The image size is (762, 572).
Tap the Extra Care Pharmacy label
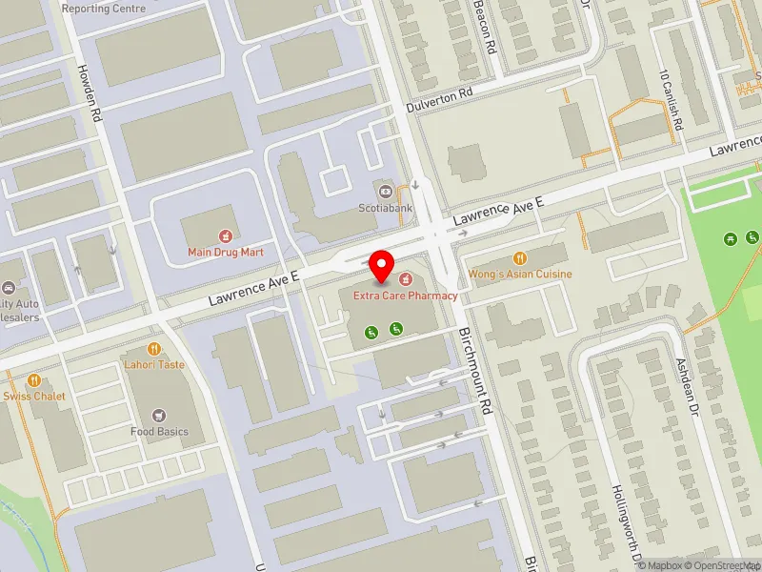tap(406, 296)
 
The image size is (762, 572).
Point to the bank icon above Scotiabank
tap(385, 191)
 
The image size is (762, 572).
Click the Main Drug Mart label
tap(225, 252)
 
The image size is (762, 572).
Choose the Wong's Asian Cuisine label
tap(520, 275)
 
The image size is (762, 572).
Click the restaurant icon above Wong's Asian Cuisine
tap(520, 257)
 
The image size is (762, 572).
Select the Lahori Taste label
tap(153, 365)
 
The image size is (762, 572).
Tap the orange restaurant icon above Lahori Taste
tap(153, 349)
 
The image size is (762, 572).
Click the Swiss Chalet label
tap(30, 397)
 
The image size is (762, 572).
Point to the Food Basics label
tap(159, 432)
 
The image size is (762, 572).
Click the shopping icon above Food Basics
tap(159, 415)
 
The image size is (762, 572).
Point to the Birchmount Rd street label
tap(473, 371)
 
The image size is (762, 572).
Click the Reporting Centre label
tap(104, 9)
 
